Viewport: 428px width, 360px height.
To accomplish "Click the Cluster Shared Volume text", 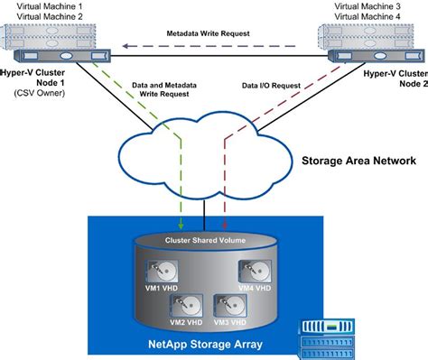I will pos(206,240).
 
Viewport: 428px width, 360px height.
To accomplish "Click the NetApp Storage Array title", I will pos(204,344).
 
